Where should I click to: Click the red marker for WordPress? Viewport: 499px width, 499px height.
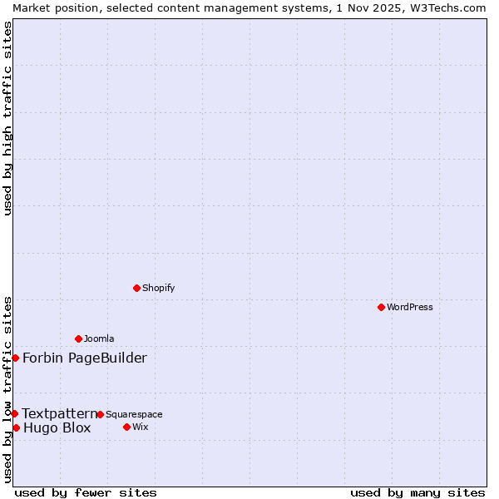[x=381, y=307]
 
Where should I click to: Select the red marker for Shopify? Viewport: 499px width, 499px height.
[x=136, y=288]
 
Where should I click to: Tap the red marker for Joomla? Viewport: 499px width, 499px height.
[x=78, y=338]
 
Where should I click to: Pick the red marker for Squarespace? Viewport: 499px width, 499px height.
[x=100, y=414]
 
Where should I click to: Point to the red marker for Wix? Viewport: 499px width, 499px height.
[x=126, y=427]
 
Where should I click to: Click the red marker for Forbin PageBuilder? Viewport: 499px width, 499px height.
[x=15, y=358]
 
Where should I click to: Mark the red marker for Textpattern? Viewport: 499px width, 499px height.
[x=14, y=413]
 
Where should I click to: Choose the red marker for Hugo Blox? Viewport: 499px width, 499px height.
[x=16, y=427]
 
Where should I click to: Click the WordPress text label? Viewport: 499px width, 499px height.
[x=410, y=307]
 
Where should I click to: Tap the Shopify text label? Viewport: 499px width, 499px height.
[x=158, y=288]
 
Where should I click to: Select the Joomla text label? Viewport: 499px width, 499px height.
[x=99, y=338]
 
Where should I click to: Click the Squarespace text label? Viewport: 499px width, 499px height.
[x=134, y=414]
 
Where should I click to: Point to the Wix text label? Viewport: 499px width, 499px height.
[x=141, y=427]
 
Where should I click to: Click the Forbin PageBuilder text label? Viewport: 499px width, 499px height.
[x=85, y=358]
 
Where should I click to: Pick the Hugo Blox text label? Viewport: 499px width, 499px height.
[x=57, y=428]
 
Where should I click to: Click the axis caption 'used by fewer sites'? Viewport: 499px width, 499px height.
[x=86, y=492]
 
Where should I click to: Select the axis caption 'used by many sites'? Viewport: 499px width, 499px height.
[x=417, y=492]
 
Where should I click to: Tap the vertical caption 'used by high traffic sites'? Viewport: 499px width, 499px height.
[x=7, y=118]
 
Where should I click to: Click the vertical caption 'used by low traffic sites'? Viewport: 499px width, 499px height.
[x=7, y=388]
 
